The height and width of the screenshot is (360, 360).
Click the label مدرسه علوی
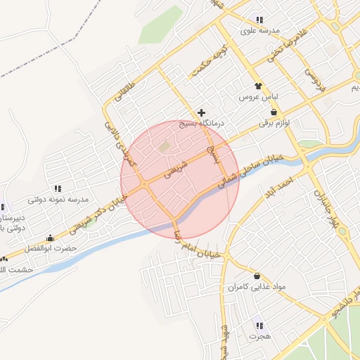point(260,31)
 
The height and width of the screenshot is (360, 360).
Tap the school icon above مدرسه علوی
point(259,20)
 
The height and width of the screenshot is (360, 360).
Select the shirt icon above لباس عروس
point(259,85)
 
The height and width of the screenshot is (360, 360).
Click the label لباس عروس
point(259,96)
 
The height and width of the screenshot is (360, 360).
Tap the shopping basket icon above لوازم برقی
point(274,112)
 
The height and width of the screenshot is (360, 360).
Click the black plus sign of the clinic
point(202,112)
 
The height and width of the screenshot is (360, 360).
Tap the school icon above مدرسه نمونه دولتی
point(58,189)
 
